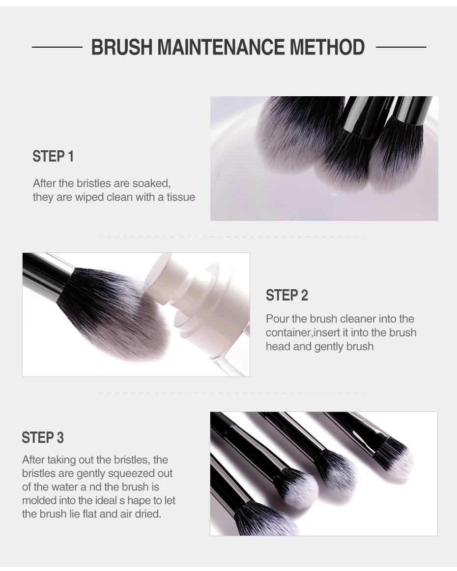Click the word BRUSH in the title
point(121,47)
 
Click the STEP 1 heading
point(53,157)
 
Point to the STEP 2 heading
point(287,296)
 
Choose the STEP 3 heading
point(43,437)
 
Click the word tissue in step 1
point(181,197)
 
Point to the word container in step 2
point(288,332)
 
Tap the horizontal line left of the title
point(57,47)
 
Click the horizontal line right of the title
point(401,47)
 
